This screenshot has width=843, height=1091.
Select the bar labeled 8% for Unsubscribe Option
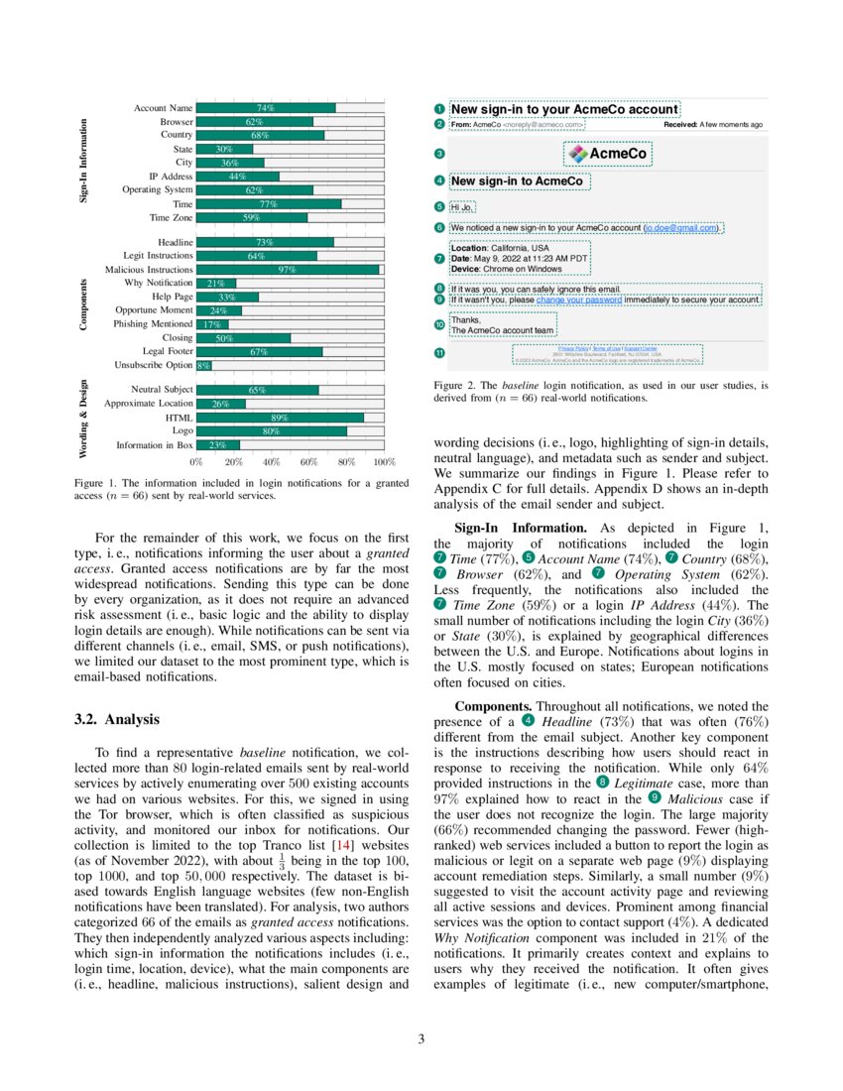tap(204, 365)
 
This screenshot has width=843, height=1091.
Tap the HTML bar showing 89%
tap(280, 418)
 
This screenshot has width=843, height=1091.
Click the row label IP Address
tap(171, 177)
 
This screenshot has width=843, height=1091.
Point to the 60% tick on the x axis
tap(309, 462)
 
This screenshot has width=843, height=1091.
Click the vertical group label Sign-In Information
tap(84, 162)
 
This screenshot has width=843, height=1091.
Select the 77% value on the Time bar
tap(267, 204)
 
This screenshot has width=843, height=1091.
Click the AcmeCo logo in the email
tap(608, 154)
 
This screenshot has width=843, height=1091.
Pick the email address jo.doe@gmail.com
tap(681, 228)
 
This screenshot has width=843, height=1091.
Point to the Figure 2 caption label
tap(455, 385)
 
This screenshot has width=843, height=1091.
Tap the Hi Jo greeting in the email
tap(462, 207)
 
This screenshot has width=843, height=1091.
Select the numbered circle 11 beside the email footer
tap(439, 353)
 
